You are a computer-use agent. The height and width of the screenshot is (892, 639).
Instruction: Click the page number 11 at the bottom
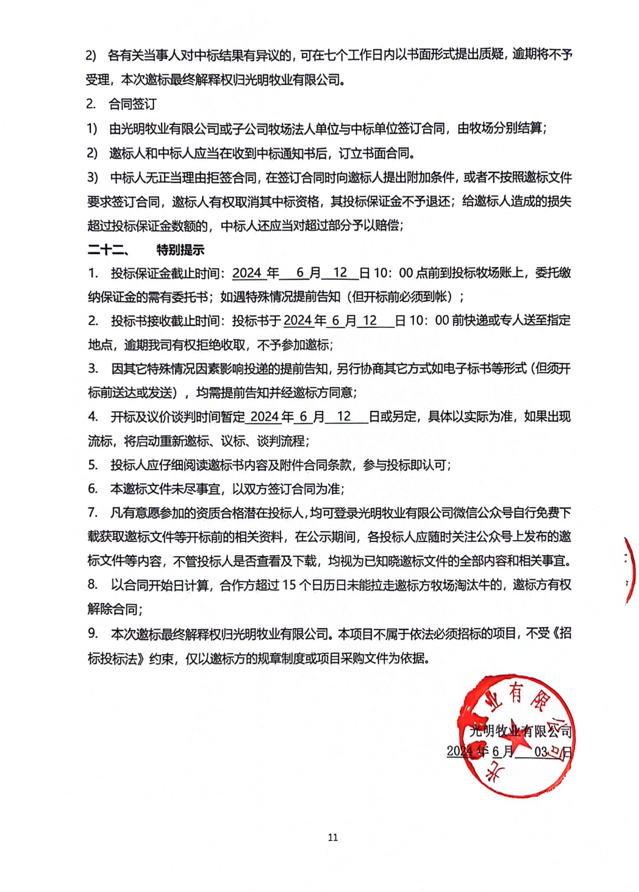tap(332, 837)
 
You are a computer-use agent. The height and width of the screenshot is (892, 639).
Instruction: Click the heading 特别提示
tap(180, 249)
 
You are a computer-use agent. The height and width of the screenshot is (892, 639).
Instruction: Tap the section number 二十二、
tap(107, 249)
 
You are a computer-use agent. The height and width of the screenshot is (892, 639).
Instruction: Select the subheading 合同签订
tap(132, 104)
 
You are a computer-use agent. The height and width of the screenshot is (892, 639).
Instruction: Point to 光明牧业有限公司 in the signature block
tap(520, 730)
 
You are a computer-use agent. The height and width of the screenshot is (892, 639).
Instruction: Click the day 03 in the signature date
tap(541, 752)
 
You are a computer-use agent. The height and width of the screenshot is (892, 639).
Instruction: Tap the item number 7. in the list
tap(93, 513)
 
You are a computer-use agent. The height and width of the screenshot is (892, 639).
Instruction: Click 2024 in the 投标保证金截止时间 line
tap(247, 273)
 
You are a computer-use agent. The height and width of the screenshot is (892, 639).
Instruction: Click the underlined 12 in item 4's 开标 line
tap(344, 416)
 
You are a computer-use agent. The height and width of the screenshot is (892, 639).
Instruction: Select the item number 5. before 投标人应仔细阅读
tap(93, 465)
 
